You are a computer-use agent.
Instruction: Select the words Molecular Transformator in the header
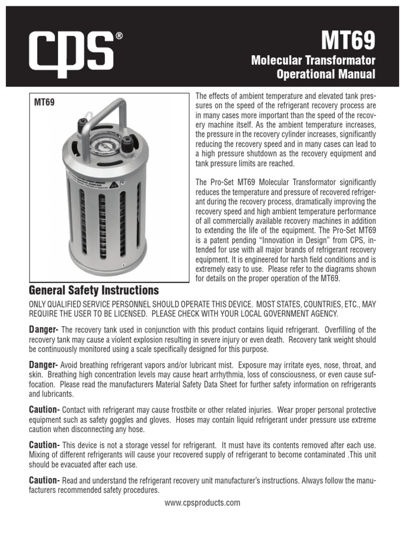[313, 61]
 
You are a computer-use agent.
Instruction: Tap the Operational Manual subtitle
[326, 74]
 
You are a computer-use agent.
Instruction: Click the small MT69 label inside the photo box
[44, 103]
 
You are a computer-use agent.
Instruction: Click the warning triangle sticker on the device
[113, 184]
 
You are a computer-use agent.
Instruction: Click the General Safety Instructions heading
[93, 290]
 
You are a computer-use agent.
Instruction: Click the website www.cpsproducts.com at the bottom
[202, 502]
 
